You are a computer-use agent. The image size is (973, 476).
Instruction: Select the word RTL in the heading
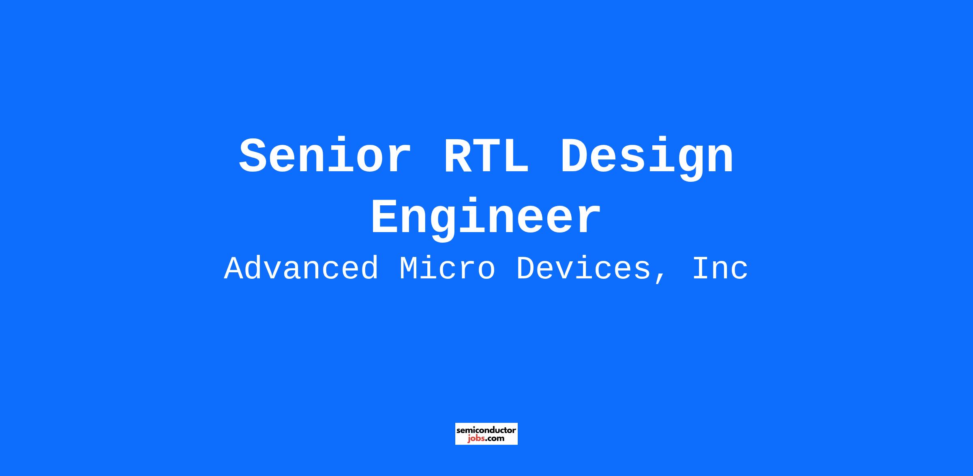[486, 157]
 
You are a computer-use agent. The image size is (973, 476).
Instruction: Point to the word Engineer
[486, 219]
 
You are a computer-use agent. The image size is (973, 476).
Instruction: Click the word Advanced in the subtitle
[301, 269]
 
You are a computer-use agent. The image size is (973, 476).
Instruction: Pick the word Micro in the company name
[447, 269]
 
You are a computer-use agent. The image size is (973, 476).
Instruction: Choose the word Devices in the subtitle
[583, 269]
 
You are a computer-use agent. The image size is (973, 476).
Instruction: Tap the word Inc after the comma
[720, 269]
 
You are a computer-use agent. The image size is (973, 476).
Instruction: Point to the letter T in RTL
[486, 157]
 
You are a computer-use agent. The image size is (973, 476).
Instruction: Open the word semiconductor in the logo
[486, 430]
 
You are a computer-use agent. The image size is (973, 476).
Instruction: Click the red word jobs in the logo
[476, 439]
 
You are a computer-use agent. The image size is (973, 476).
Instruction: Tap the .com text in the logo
[495, 439]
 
